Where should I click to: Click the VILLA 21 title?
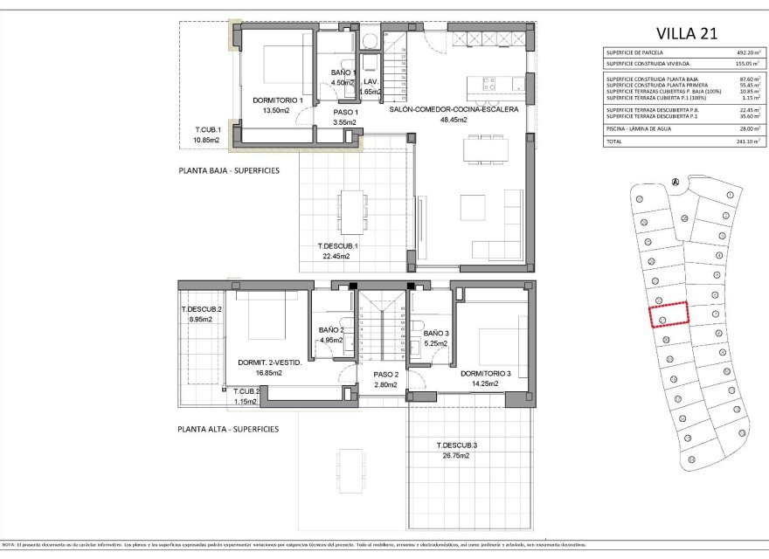tap(684, 33)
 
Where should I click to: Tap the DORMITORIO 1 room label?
tap(276, 100)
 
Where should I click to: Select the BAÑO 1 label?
tap(343, 72)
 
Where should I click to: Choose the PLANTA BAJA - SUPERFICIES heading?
tap(228, 170)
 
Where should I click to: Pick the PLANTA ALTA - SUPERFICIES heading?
tap(228, 429)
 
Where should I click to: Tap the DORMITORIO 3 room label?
tap(493, 373)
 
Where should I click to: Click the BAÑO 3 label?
tap(436, 334)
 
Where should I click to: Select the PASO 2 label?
tap(385, 374)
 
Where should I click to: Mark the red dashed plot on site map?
tap(669, 315)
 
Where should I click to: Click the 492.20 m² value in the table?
tap(747, 53)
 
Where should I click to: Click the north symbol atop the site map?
tap(674, 182)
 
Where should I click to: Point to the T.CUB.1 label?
tap(207, 130)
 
